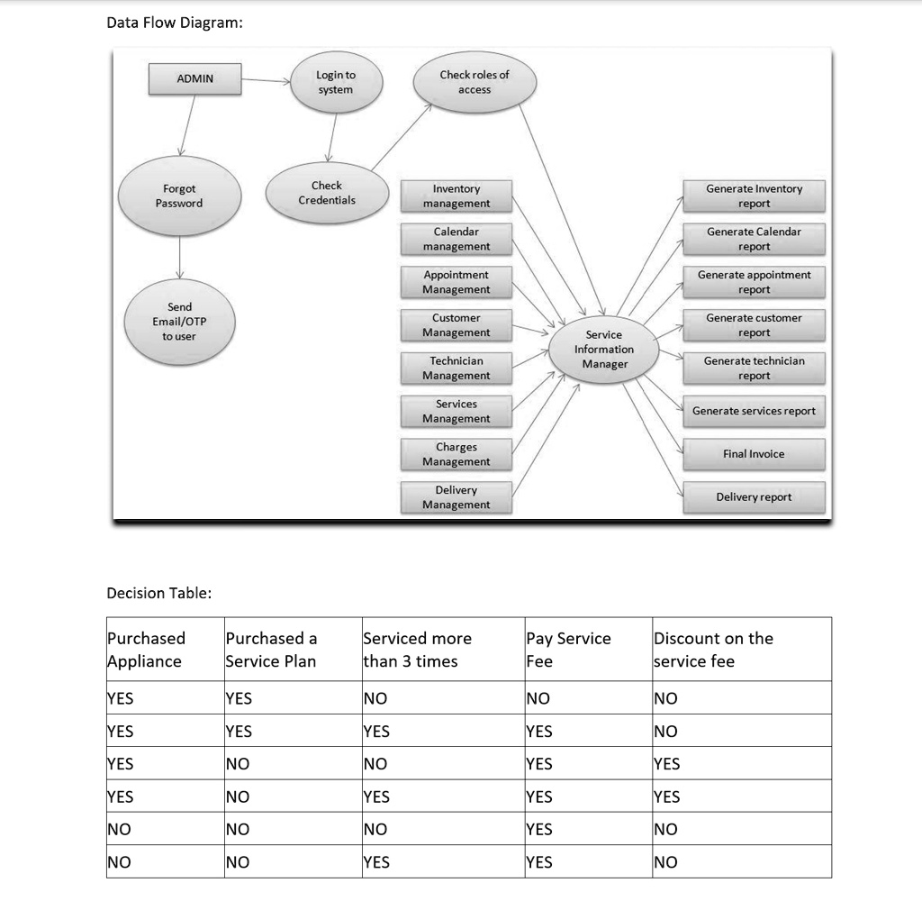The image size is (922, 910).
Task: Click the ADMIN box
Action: (x=194, y=78)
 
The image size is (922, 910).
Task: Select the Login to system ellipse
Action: (x=335, y=82)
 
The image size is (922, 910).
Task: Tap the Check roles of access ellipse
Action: (x=475, y=82)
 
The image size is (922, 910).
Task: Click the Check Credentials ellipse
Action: (x=326, y=193)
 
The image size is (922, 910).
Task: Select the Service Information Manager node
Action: (x=603, y=350)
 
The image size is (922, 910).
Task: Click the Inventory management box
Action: (x=456, y=196)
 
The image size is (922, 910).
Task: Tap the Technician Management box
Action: (x=456, y=369)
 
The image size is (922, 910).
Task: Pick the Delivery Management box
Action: (x=456, y=497)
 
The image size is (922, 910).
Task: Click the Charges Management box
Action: (x=456, y=454)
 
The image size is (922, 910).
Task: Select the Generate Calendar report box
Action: (x=754, y=239)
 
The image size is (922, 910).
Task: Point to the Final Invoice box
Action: (x=754, y=454)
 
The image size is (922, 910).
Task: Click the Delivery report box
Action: (x=754, y=497)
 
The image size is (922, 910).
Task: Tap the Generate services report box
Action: (x=754, y=411)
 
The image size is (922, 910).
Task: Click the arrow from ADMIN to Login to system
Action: (x=267, y=80)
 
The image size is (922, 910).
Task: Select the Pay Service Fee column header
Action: (x=568, y=650)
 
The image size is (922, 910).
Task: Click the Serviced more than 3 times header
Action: (x=417, y=650)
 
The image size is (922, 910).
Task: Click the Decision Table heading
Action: (x=159, y=593)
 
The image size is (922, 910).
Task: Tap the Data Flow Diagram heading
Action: (x=175, y=23)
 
